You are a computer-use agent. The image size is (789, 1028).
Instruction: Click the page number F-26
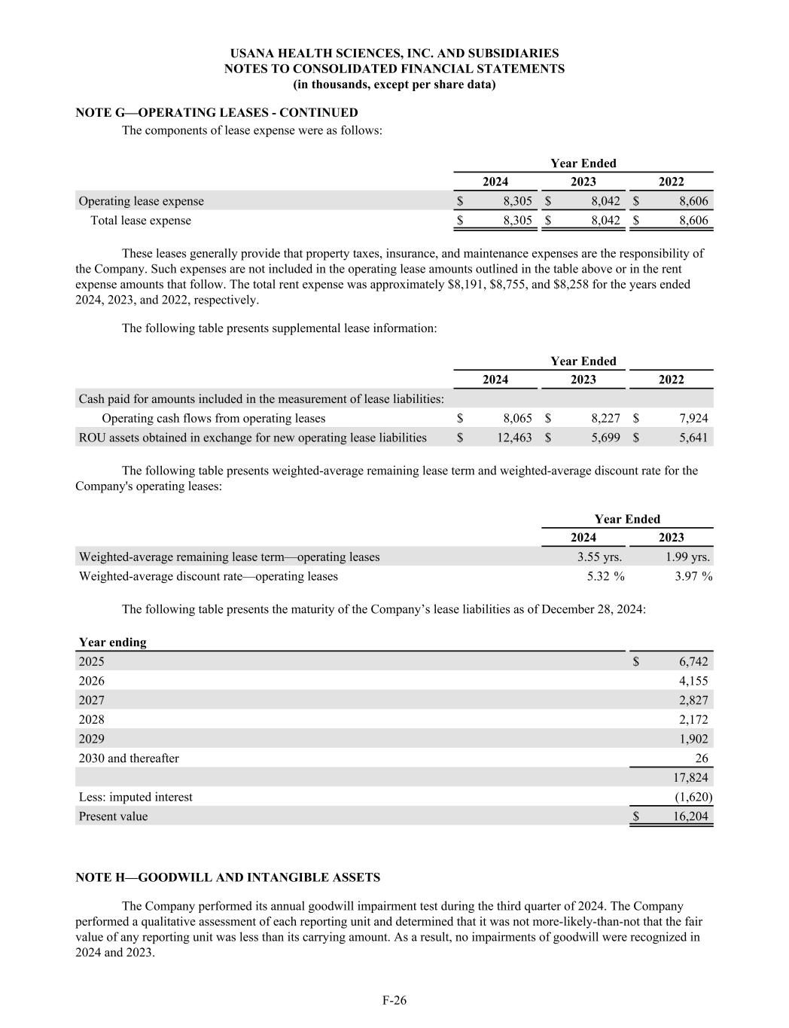coord(394,1000)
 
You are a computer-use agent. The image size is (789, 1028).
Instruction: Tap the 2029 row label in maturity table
coord(92,739)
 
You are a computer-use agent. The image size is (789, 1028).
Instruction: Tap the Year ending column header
coord(113,642)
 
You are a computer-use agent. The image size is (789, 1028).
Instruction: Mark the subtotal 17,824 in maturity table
coord(693,777)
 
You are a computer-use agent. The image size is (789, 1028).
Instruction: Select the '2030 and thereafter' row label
coord(129,758)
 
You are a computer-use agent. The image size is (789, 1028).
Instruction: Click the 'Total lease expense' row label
coord(141,221)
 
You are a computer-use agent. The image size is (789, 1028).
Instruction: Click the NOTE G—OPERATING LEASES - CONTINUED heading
coord(217,112)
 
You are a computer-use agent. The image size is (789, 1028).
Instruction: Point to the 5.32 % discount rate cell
coord(605,576)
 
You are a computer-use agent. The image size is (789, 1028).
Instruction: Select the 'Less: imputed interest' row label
coord(136,797)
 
